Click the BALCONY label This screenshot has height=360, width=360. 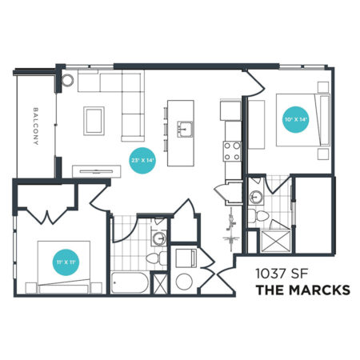[36, 126]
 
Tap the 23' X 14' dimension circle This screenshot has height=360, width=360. [142, 161]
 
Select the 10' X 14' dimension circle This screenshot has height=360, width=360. [296, 119]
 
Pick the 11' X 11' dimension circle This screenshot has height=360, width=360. [66, 262]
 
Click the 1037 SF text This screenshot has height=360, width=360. [282, 274]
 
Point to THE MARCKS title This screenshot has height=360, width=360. [303, 290]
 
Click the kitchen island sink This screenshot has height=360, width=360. [185, 129]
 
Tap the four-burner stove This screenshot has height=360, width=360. [232, 151]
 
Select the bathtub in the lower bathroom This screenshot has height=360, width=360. [130, 282]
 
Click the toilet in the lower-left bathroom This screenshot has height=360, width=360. [156, 258]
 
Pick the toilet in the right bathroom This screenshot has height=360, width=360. [258, 215]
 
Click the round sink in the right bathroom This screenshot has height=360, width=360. [256, 197]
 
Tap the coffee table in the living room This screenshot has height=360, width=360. [94, 121]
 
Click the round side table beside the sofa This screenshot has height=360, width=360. [67, 80]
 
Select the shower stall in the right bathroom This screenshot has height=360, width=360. [275, 242]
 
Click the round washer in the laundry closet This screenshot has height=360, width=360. [184, 282]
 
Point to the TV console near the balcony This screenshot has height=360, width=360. [97, 171]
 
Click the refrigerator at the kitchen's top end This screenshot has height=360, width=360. [230, 110]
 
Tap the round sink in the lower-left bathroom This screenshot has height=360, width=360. [159, 237]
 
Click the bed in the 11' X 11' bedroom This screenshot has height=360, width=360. [64, 267]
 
